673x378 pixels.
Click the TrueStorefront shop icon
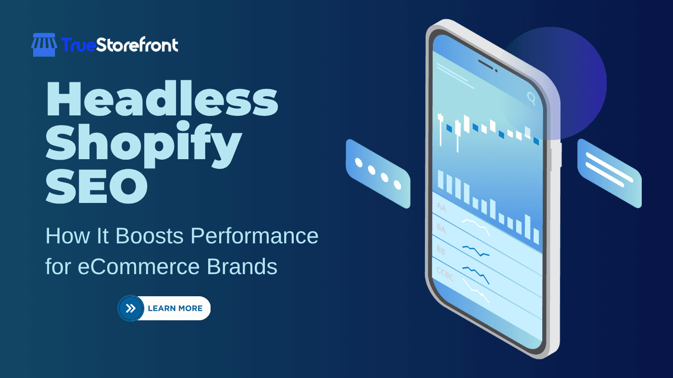[x=44, y=45]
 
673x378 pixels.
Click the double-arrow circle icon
[x=131, y=308]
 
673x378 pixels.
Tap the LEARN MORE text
[x=175, y=308]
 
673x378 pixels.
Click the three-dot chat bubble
[x=378, y=174]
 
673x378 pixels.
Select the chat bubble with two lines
[x=609, y=173]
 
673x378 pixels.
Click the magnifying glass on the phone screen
[x=531, y=98]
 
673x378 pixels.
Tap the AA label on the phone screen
[x=441, y=207]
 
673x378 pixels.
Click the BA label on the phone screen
[x=441, y=228]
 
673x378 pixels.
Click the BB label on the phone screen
[x=441, y=250]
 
